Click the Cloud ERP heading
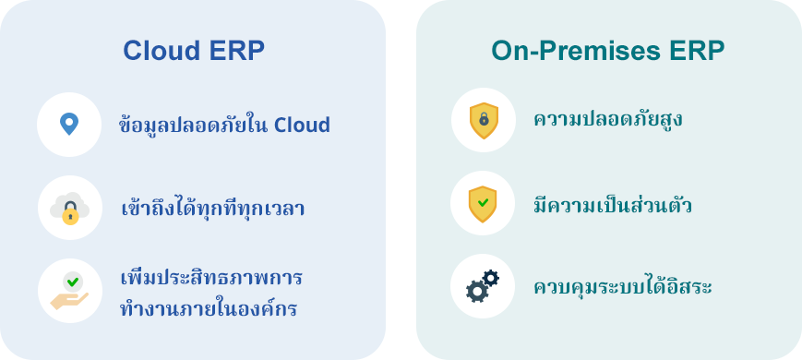coord(193,51)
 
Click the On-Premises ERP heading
coord(607,51)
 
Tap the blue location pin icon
coord(69,125)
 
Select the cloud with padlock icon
coord(69,208)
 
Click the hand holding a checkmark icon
coord(69,291)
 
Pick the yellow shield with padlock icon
coord(484,120)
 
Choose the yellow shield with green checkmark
coord(483,204)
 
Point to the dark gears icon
coord(483,286)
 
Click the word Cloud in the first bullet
coord(302,126)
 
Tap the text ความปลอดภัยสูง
coord(607,120)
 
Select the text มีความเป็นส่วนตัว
coord(612,205)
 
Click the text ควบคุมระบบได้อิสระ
coord(622,286)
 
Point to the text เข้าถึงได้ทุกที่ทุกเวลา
coord(213,207)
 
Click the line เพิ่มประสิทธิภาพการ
coord(211,278)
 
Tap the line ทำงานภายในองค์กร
coord(209,308)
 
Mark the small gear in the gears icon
coord(490,278)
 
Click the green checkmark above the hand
coord(73,282)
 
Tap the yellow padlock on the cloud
coord(70,214)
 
